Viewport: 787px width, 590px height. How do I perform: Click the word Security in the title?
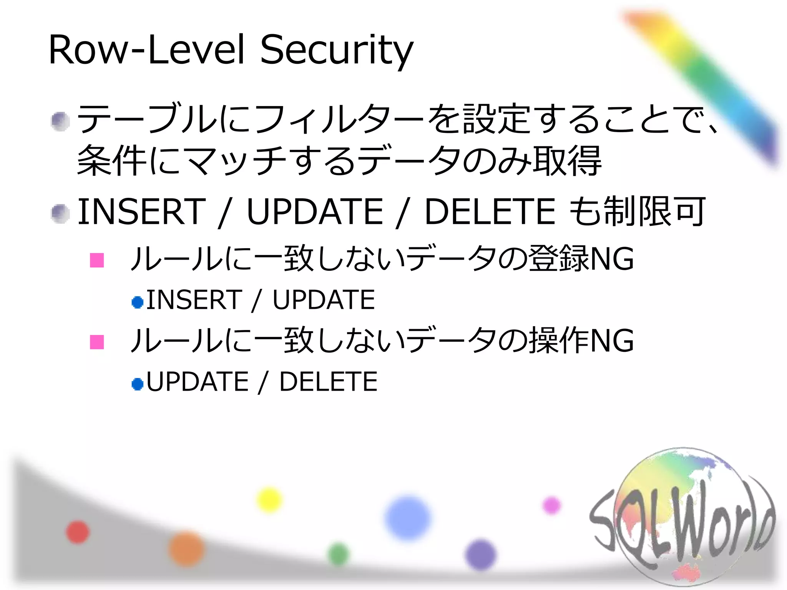pos(337,51)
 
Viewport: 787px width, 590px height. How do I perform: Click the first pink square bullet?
pos(97,260)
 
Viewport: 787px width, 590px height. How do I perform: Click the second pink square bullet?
pos(97,342)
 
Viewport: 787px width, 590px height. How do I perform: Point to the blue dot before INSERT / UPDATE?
pos(137,302)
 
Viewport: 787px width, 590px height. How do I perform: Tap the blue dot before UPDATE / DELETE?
pos(137,384)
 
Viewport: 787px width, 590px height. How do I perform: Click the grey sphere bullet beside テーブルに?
pos(60,121)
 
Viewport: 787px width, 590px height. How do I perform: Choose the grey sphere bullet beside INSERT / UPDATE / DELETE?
pos(60,214)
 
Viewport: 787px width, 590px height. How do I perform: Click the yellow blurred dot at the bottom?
pos(269,500)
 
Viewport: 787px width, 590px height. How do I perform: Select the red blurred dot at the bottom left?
pos(78,532)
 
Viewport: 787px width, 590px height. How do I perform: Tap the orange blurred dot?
pos(187,549)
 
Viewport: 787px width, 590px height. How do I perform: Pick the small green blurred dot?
pos(339,554)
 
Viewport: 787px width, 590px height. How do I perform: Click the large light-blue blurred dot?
pos(408,518)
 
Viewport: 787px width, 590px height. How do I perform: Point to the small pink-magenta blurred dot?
pos(551,505)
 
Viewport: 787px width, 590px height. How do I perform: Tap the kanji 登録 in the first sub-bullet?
pos(559,259)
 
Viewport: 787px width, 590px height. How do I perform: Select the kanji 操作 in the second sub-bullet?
pos(559,340)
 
